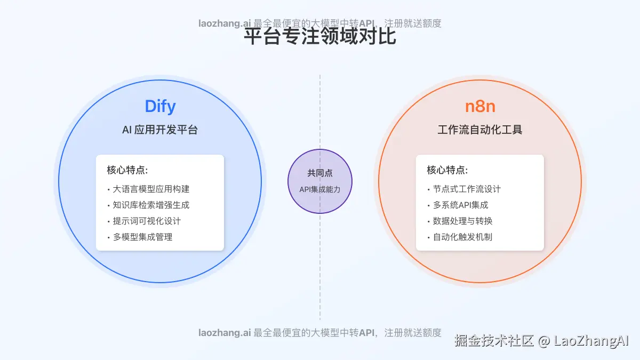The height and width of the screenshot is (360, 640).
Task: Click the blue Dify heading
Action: (x=160, y=106)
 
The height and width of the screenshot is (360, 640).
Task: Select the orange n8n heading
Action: (x=480, y=106)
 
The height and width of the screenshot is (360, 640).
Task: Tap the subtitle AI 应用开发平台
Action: (x=160, y=130)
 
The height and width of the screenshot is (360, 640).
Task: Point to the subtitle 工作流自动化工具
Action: (x=480, y=130)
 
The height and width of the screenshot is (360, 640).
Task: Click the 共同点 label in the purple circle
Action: (x=320, y=173)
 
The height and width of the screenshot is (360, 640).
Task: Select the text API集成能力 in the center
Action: (x=320, y=189)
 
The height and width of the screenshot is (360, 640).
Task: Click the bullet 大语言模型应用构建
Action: (x=151, y=189)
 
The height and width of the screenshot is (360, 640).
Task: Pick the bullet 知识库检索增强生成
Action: (x=151, y=205)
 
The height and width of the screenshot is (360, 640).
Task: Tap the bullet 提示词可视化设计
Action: (x=147, y=221)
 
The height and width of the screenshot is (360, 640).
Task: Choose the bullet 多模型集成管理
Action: (x=142, y=237)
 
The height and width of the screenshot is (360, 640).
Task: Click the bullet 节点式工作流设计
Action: (x=467, y=189)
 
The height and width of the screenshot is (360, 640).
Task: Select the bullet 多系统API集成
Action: (x=460, y=205)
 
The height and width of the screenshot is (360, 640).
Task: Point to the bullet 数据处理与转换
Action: (x=462, y=221)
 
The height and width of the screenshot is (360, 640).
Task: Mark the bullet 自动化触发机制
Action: (x=462, y=237)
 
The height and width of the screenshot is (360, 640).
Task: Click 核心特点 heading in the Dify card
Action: (x=127, y=170)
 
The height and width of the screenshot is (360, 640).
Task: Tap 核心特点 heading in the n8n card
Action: (x=447, y=170)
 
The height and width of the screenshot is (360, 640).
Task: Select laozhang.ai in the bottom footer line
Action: (x=225, y=332)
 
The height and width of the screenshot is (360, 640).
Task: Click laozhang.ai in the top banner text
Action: (x=225, y=23)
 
